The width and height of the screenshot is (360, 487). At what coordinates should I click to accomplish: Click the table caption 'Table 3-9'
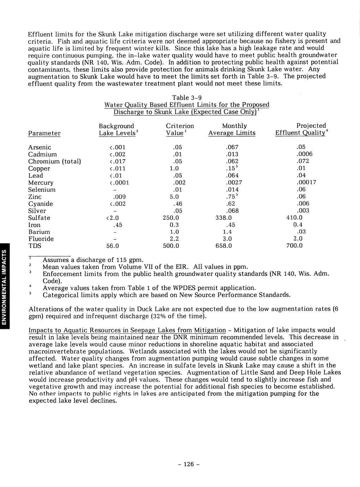(187, 97)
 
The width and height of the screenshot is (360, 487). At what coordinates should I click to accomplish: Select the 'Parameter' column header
(44, 133)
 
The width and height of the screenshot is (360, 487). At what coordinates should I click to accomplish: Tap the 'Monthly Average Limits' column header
(232, 130)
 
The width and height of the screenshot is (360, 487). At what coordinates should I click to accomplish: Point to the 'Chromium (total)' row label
(55, 161)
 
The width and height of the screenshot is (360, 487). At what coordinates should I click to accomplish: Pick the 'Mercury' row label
(41, 183)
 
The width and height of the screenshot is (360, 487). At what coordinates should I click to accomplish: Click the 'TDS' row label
(35, 246)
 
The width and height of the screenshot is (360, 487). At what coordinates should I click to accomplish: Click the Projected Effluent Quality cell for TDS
(294, 246)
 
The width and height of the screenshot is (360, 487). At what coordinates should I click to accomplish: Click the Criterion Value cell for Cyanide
(172, 204)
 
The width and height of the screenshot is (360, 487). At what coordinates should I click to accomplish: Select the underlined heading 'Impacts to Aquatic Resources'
(127, 330)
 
